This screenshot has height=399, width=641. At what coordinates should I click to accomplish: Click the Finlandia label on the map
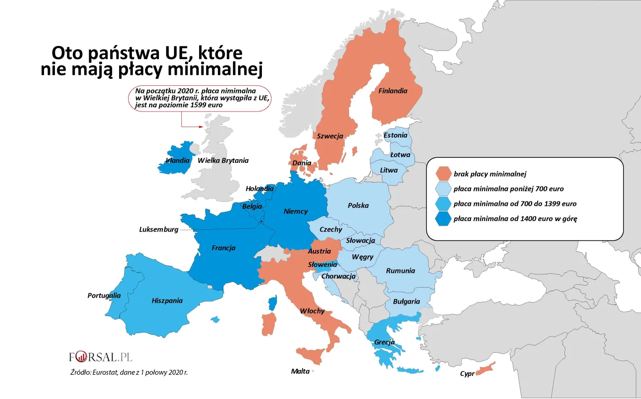[x=392, y=91]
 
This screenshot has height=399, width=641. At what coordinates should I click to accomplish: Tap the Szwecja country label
[x=330, y=136]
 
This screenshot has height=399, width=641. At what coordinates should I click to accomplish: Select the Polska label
[x=358, y=205]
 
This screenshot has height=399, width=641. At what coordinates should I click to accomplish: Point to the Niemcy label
[x=295, y=211]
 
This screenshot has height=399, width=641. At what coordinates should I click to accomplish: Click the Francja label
[x=223, y=248]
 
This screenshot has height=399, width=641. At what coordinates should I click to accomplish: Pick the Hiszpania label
[x=167, y=301]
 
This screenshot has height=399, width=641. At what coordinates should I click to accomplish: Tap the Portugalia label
[x=104, y=295]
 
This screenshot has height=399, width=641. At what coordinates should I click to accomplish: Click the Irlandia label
[x=177, y=161]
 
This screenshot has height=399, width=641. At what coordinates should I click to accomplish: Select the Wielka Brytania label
[x=223, y=161]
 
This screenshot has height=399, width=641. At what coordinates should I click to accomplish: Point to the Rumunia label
[x=400, y=271]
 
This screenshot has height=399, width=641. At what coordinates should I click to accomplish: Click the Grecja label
[x=384, y=342]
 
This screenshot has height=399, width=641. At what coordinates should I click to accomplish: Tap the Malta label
[x=300, y=371]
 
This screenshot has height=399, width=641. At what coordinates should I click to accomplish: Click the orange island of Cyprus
[x=486, y=369]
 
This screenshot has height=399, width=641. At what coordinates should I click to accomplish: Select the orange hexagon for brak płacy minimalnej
[x=443, y=174]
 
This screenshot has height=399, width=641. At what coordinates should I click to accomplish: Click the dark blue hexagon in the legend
[x=443, y=219]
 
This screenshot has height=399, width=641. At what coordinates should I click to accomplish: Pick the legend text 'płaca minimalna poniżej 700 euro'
[x=508, y=189]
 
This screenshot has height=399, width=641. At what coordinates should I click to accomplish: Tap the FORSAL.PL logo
[x=100, y=357]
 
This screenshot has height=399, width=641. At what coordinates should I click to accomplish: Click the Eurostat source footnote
[x=129, y=372]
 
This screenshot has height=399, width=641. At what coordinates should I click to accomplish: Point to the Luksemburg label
[x=158, y=229]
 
